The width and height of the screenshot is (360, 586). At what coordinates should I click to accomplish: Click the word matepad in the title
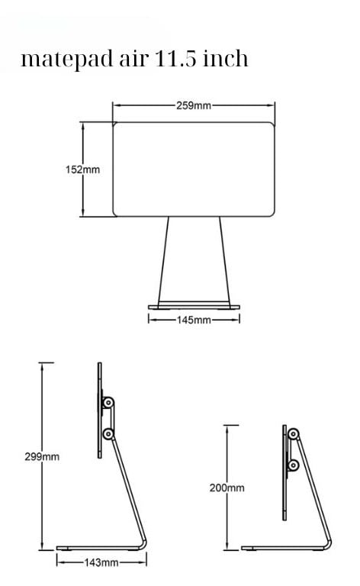coord(68,60)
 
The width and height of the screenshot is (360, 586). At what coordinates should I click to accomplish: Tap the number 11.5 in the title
coord(175,58)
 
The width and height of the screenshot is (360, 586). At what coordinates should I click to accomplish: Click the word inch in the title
coord(226,58)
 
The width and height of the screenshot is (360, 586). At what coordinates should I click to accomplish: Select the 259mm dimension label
coord(194,106)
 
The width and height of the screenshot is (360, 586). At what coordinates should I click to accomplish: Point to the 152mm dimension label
coord(82,169)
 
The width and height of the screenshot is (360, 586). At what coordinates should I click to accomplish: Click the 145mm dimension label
coord(194,320)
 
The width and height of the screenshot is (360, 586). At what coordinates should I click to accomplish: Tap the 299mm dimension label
coord(42,457)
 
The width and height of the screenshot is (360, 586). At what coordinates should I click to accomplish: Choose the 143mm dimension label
coord(101,562)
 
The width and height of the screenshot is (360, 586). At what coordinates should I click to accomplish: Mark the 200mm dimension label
coord(227,488)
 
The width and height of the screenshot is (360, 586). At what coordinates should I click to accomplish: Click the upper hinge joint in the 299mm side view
coord(108,403)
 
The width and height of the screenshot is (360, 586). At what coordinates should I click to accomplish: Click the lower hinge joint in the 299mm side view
coord(108,434)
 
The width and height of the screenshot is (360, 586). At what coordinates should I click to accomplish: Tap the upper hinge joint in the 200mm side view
coord(293,434)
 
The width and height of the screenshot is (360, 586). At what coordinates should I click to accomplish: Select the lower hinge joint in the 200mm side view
coord(293,465)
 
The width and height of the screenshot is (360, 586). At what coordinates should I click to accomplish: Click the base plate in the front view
coord(194,307)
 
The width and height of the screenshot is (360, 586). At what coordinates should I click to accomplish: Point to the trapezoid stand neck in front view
coord(194,261)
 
